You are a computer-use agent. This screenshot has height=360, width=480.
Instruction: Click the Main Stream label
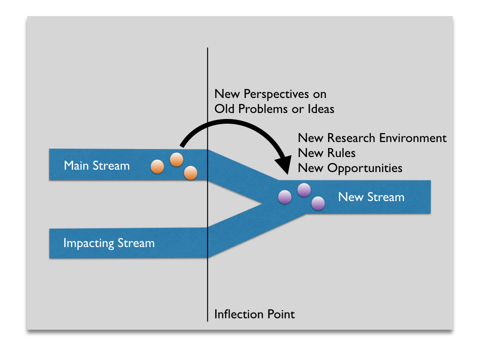97,165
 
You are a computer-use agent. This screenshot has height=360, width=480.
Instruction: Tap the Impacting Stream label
109,243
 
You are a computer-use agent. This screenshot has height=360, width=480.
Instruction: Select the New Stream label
371,197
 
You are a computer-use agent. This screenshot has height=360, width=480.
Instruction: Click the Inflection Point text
255,314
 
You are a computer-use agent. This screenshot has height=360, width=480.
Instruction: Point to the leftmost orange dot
157,166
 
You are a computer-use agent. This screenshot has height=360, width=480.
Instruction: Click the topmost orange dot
176,160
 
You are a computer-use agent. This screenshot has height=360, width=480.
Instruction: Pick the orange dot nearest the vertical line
190,173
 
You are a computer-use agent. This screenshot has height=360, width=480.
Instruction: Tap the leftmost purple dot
285,197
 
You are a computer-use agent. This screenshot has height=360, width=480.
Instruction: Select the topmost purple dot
304,190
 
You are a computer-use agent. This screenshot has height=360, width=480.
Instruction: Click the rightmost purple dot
318,203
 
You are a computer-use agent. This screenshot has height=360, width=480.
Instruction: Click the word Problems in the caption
260,109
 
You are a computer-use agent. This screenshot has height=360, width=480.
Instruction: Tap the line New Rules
327,153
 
